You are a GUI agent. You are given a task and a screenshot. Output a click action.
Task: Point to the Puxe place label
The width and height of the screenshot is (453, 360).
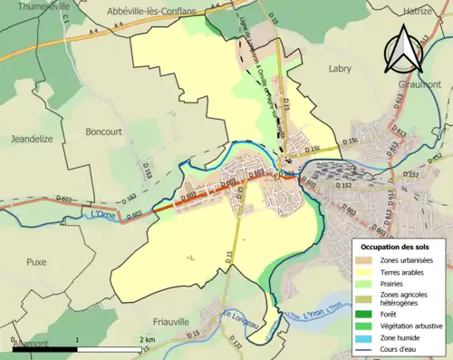point(36,261)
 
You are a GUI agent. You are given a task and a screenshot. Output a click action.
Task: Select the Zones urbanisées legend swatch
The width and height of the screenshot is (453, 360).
point(370,261)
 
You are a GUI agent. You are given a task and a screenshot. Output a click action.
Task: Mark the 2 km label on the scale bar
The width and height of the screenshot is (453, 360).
point(149,339)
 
